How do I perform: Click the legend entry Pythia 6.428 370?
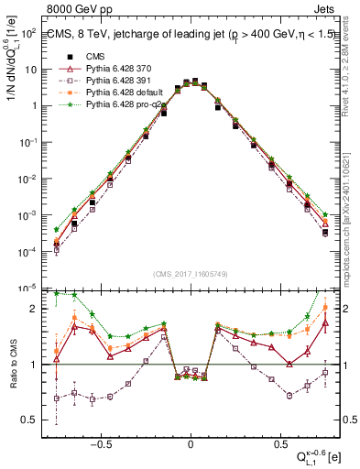click(x=117, y=69)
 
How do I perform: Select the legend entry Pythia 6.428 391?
click(x=117, y=81)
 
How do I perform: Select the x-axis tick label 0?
click(x=191, y=442)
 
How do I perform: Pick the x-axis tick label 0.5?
click(x=278, y=442)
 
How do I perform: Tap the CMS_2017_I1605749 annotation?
click(x=190, y=272)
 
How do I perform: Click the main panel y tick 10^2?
click(x=29, y=33)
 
